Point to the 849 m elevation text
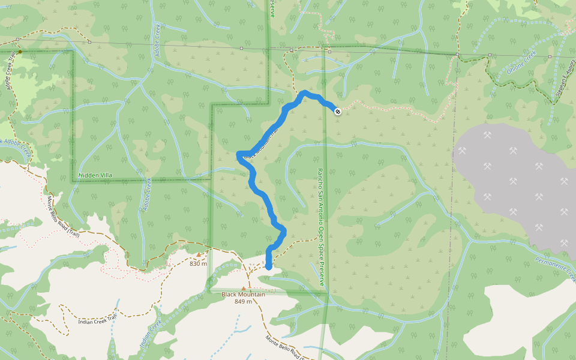point(243,301)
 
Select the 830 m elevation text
point(198,263)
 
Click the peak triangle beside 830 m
point(198,254)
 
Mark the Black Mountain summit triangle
point(244,287)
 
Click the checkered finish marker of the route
point(338,111)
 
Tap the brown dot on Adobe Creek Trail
point(20,52)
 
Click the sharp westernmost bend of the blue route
point(239,155)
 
